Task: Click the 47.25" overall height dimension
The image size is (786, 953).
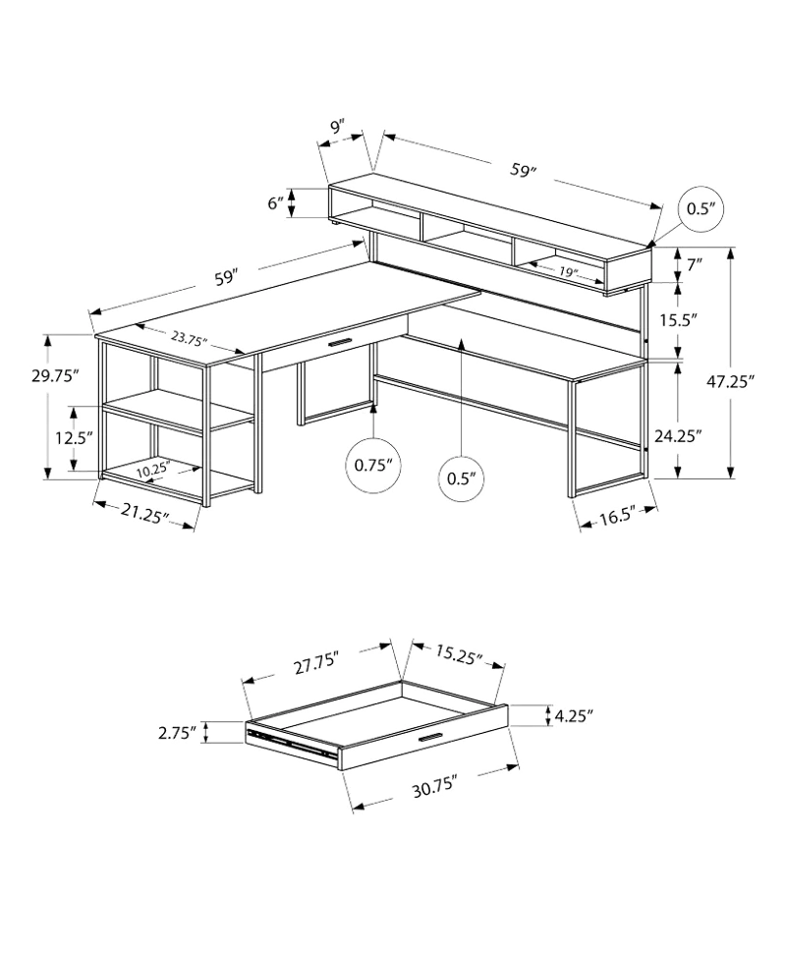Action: point(730,380)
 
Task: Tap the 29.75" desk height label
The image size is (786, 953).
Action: point(55,375)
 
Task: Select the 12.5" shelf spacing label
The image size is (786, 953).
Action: point(74,437)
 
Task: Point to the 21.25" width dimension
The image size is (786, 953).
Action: point(144,515)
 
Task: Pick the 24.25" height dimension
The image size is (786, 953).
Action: point(678,435)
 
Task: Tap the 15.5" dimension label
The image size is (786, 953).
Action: point(678,319)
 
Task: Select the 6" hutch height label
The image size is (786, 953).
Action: point(275,203)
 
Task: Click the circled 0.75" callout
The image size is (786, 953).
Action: point(373,465)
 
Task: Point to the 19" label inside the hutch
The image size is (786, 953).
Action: point(567,272)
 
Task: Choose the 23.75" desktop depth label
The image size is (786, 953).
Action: point(189,338)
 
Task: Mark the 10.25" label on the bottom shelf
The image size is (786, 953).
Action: point(153,470)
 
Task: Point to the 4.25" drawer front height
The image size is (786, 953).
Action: point(574,716)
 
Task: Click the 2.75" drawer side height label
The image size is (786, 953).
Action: point(178,732)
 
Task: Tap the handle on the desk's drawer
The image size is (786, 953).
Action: point(340,344)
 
